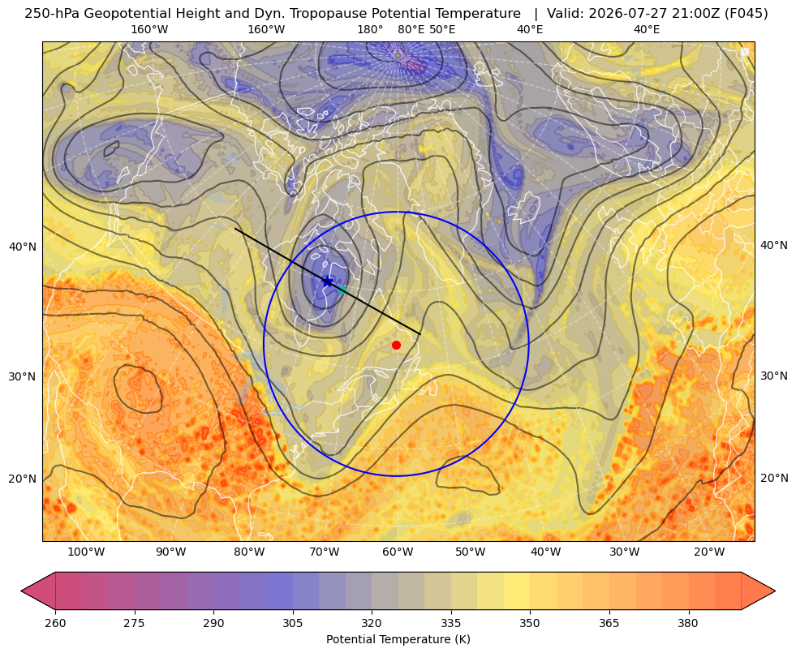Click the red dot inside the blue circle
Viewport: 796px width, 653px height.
[397, 345]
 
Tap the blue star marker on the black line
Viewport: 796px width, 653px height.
[328, 281]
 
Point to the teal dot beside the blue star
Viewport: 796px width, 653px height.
[342, 290]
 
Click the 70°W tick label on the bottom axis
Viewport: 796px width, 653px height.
[325, 552]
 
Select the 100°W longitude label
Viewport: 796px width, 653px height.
[86, 552]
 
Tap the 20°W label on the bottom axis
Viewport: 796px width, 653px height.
[709, 552]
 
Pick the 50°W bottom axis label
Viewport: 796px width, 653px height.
[470, 552]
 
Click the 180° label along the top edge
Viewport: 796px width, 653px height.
[370, 29]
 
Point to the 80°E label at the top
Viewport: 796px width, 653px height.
[411, 29]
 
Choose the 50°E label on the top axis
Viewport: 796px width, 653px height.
[442, 29]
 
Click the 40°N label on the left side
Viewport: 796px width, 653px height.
[23, 247]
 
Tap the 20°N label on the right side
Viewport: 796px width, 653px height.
[774, 478]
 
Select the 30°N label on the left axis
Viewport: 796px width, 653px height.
[23, 376]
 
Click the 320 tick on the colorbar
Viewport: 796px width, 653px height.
[372, 623]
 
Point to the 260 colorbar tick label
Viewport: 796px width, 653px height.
[55, 623]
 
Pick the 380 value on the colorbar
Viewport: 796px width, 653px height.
[688, 623]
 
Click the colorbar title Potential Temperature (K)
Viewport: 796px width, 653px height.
[398, 639]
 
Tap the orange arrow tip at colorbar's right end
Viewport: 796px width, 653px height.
[775, 591]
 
